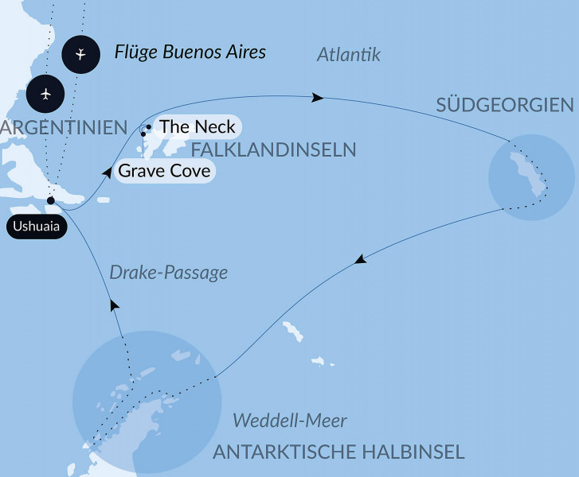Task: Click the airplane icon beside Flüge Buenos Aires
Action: (81, 54)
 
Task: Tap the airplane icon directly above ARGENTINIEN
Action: (45, 94)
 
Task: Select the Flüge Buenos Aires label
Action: (190, 53)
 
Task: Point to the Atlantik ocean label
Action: (349, 55)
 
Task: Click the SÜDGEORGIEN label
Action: (505, 105)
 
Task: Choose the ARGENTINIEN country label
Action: (64, 128)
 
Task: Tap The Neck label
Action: (197, 126)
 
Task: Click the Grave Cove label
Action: (164, 171)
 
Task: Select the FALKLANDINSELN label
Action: (272, 149)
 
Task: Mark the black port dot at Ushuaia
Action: (50, 200)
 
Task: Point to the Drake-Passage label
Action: (167, 273)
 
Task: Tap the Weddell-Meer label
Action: (289, 420)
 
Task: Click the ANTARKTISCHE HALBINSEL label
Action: (338, 452)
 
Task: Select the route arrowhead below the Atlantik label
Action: (318, 98)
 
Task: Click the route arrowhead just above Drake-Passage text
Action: (115, 304)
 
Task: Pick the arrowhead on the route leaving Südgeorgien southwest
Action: (361, 259)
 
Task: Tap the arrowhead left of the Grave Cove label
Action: (106, 170)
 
